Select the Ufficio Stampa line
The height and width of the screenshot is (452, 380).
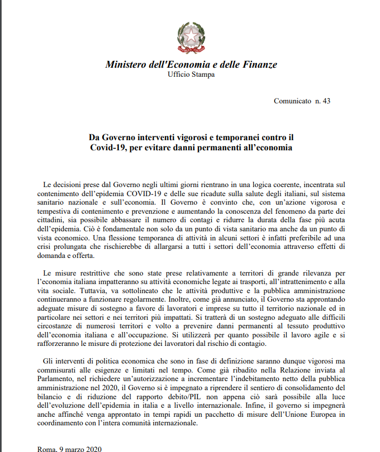[191, 75]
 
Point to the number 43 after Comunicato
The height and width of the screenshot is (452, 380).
[327, 101]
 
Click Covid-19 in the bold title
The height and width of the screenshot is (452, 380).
[109, 147]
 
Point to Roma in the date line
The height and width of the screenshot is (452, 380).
[45, 449]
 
